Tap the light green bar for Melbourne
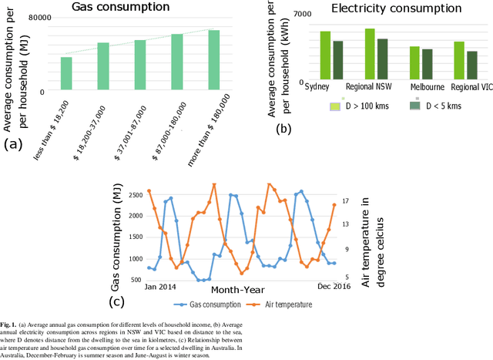tap(436, 62)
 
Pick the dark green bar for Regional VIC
tap(472, 65)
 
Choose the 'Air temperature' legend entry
tap(281, 304)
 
